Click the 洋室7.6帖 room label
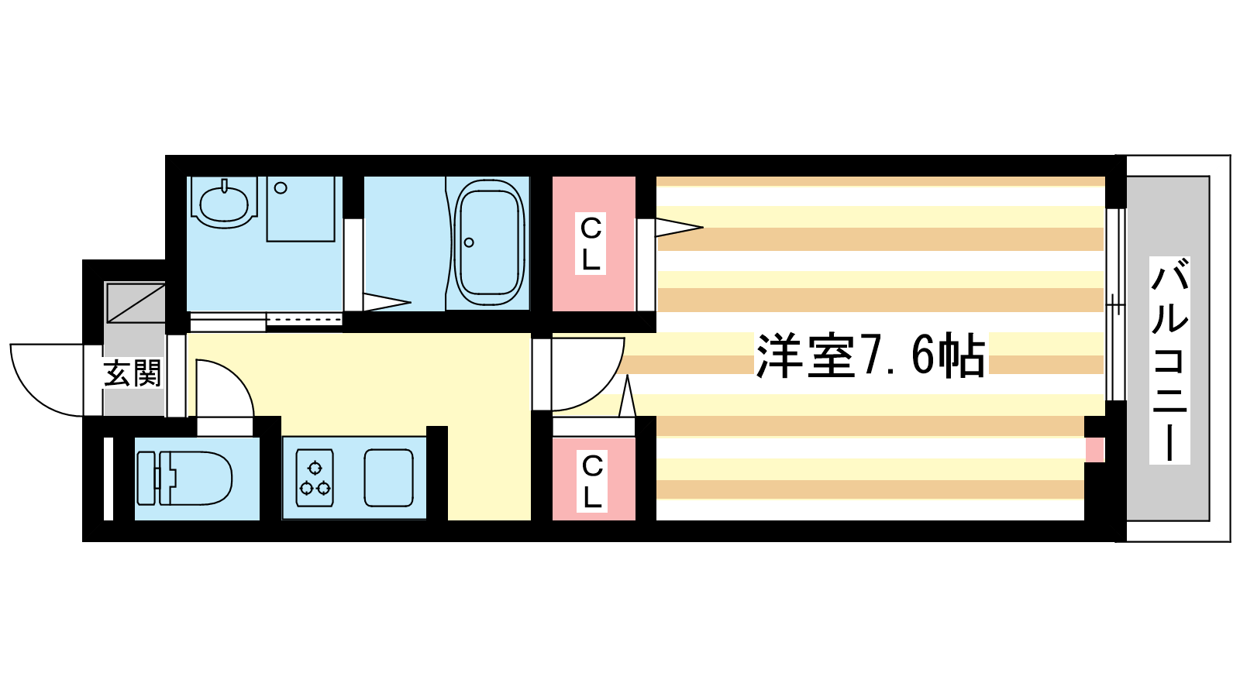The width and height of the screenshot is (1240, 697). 871,355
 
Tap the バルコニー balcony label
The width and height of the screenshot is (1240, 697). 1169,360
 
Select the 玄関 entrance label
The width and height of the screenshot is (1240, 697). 133,373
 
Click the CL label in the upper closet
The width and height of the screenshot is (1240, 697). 591,243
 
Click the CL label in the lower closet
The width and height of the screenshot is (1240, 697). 592,481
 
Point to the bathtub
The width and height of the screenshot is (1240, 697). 489,242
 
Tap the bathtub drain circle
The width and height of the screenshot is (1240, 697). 469,242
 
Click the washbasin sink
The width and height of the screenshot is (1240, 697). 224,202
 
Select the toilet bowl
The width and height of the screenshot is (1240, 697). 195,478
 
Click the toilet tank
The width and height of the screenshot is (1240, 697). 146,478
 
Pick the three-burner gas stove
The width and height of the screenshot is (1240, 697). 315,478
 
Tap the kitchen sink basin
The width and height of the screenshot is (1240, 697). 388,478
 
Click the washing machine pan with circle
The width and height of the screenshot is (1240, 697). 301,209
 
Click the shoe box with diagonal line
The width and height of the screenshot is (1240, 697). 136,303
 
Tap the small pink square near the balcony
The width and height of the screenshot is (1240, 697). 1094,450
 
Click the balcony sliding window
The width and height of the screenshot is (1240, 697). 1115,304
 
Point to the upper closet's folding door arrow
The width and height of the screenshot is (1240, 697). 679,228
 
